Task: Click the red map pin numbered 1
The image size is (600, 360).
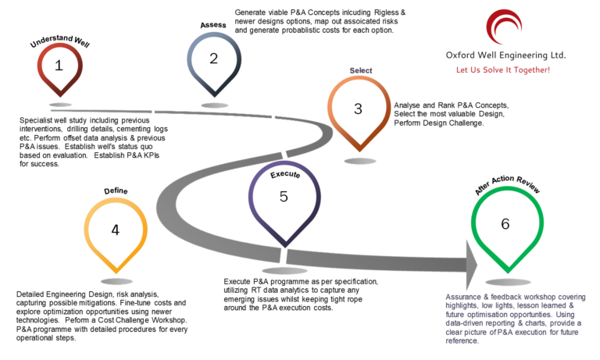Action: pyautogui.click(x=59, y=66)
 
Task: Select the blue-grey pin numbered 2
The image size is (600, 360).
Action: pyautogui.click(x=213, y=59)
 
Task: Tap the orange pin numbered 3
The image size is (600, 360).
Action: pyautogui.click(x=358, y=109)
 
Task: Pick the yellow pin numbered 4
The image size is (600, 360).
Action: pyautogui.click(x=116, y=230)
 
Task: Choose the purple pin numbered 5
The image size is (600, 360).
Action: pyautogui.click(x=284, y=197)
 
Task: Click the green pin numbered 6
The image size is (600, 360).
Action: pyautogui.click(x=506, y=224)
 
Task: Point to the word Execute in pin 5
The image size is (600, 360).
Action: pyautogui.click(x=285, y=175)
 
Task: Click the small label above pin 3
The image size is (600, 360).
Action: pyautogui.click(x=360, y=70)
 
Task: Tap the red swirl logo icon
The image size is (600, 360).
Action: pyautogui.click(x=504, y=28)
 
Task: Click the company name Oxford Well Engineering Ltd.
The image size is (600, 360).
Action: pyautogui.click(x=505, y=56)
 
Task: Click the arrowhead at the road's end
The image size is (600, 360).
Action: pyautogui.click(x=471, y=263)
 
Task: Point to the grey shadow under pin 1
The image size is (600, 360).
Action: pyautogui.click(x=60, y=104)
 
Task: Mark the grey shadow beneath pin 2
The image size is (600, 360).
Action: pyautogui.click(x=214, y=105)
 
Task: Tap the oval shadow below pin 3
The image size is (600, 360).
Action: pyautogui.click(x=360, y=161)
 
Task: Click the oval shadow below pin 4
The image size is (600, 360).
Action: pyautogui.click(x=116, y=281)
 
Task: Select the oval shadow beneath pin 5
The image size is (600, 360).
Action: pyautogui.click(x=284, y=271)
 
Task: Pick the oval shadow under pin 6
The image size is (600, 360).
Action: pyautogui.click(x=508, y=282)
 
